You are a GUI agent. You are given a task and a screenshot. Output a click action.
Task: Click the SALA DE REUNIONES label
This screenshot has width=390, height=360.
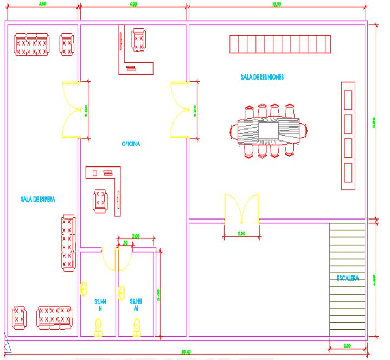click(261, 77)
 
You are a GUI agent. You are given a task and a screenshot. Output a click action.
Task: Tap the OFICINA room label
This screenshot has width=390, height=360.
click(131, 144)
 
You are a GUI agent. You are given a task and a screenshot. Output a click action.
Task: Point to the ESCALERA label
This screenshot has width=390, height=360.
click(348, 279)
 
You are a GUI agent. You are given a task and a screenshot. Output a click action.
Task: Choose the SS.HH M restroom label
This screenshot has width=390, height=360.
click(136, 304)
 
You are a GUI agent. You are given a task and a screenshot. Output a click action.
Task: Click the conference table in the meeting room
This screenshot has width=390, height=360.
click(268, 130)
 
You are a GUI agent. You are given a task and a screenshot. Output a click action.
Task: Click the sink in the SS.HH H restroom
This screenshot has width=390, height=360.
click(84, 290)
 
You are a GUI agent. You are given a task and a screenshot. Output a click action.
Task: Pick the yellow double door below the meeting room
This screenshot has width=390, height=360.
click(241, 209)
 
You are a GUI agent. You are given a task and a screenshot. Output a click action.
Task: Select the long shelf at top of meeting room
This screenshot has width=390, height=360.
click(280, 43)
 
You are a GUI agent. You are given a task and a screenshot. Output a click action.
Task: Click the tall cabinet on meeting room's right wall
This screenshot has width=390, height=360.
click(348, 136)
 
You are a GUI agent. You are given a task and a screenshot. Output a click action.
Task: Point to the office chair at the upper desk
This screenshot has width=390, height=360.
click(138, 38)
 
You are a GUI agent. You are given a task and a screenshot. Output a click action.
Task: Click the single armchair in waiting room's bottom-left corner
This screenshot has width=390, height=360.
click(19, 317)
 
